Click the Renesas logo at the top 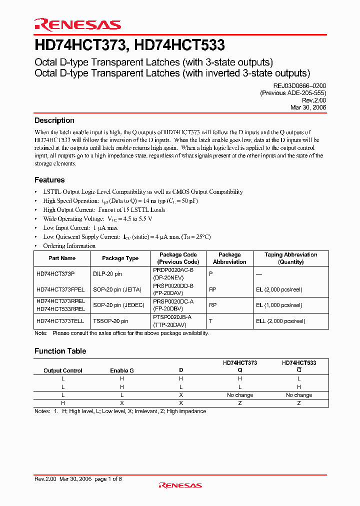[77, 24]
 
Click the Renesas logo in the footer [180, 485]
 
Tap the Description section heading [54, 120]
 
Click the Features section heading [49, 180]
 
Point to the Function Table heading [60, 351]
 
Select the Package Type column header [120, 258]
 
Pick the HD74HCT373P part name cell [55, 274]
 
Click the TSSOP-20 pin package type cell [110, 320]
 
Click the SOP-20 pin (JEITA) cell [117, 289]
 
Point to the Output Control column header [63, 370]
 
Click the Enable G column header [122, 370]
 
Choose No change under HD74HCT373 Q [240, 395]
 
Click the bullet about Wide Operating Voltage [97, 219]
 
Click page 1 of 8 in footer [108, 479]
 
